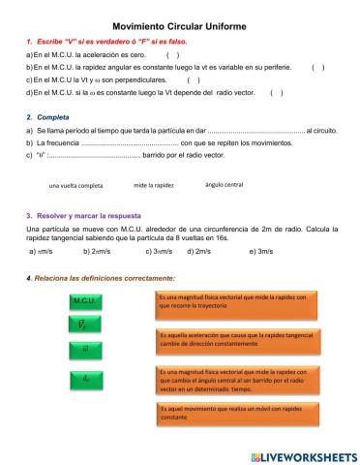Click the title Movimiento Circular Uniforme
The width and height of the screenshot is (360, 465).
(179, 27)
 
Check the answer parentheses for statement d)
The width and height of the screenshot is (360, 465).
(276, 93)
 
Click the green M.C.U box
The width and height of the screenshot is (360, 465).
(84, 302)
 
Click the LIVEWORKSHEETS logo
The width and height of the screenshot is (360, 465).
(303, 454)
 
